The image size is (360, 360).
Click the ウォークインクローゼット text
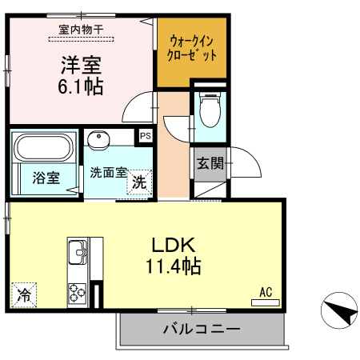190,50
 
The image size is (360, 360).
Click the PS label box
145,136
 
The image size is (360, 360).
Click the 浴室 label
46,178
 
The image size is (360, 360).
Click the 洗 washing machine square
139,182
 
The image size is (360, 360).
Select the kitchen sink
78,253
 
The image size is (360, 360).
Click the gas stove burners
79,293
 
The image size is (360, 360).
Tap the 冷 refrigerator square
24,295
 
